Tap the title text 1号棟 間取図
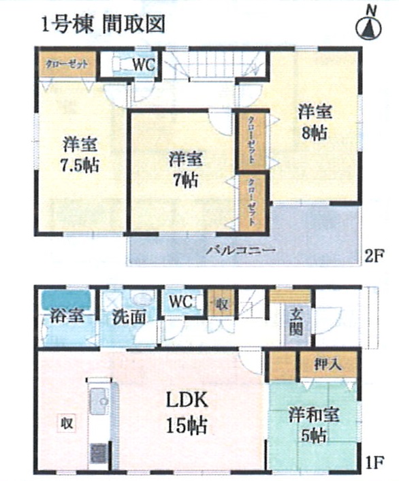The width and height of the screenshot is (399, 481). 104,24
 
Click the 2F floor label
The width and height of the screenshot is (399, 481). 374,256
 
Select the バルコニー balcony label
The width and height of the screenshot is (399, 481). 240,250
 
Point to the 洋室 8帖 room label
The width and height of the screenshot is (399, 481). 315,122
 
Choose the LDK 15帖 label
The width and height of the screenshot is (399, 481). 187,412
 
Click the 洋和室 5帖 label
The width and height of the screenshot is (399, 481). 313,425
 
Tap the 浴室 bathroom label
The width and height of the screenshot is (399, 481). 67,316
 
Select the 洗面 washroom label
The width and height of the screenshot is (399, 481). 129,317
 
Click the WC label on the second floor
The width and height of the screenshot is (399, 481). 144,65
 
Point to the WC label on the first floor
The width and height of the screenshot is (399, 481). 181,301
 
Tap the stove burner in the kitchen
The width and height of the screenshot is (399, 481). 99,452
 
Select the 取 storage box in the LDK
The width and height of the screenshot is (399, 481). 67,424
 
